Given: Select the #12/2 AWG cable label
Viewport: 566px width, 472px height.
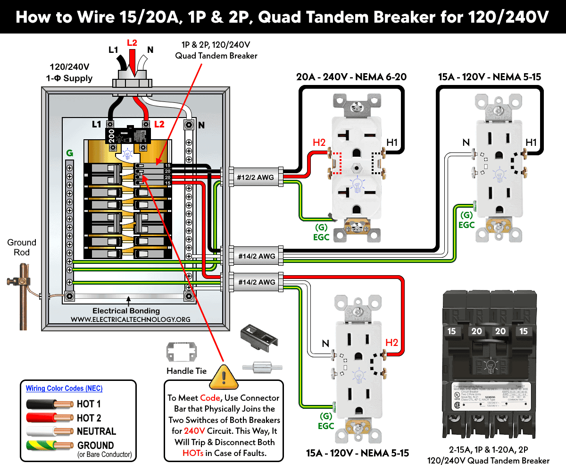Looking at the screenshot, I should (255, 178).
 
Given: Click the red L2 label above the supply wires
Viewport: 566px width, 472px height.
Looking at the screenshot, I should (133, 42).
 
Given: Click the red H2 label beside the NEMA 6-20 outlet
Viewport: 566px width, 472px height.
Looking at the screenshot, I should (319, 143).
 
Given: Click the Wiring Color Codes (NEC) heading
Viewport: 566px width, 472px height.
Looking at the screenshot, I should (64, 388).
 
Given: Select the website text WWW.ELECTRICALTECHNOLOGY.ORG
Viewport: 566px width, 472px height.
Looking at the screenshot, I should (131, 320).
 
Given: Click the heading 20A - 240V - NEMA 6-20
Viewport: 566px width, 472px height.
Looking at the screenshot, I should (351, 77).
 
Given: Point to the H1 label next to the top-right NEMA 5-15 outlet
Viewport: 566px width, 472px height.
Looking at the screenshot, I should (531, 143).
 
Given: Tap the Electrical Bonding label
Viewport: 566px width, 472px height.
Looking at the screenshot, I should (126, 311).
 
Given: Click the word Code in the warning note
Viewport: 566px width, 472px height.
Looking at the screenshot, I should (210, 397).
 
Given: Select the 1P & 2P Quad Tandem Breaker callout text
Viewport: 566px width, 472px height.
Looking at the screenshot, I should (216, 50).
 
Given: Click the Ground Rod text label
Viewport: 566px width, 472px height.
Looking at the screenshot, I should (22, 247).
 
